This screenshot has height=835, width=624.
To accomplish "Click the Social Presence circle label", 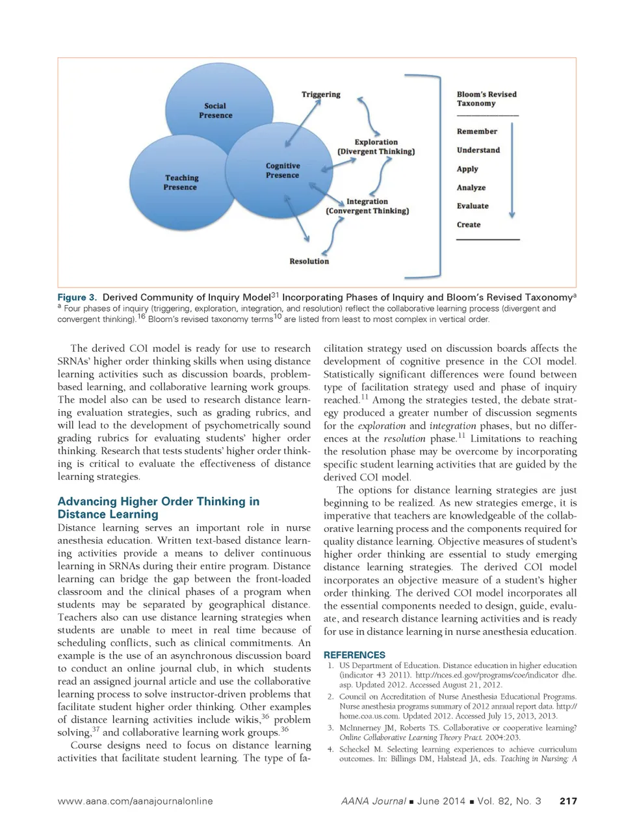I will pos(215,111).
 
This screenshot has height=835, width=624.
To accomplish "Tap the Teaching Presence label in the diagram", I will pos(181,182).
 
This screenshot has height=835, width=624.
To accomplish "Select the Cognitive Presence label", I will pos(283,170).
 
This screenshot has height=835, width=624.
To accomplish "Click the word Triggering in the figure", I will pos(320,94).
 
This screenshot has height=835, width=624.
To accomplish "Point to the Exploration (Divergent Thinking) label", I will pos(376,146).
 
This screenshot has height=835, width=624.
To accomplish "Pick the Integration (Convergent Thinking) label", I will pos(367,206).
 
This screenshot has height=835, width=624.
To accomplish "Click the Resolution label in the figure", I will pos(309,261).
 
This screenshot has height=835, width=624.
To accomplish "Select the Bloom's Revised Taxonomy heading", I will pos(486,99).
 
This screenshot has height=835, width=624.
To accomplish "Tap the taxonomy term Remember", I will pos(476,131).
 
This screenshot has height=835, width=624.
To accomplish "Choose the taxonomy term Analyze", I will pos(471,187).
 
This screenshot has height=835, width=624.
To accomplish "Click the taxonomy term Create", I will pos(469,224).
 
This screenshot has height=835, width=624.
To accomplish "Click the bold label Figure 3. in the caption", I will pos(77,297).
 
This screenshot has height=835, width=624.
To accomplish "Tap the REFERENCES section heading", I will pos(354,655).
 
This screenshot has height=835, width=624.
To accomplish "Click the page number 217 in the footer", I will pos(568,801).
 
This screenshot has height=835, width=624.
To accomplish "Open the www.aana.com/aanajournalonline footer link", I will pos(135,801).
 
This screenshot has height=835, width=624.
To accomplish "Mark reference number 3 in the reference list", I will pos(330,728).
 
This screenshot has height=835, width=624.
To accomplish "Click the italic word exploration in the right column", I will pos(382,426).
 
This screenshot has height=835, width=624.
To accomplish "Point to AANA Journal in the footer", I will pos(374,801).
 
